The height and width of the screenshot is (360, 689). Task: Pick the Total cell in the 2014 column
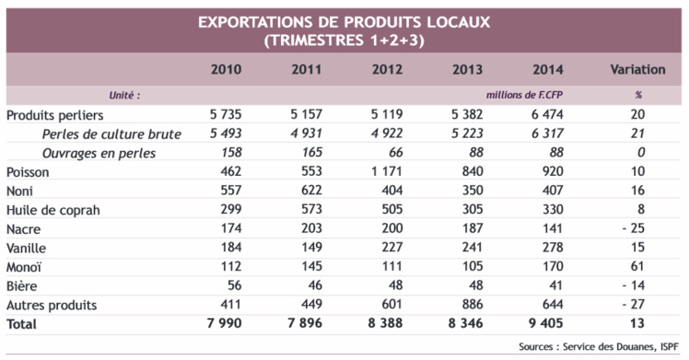547,323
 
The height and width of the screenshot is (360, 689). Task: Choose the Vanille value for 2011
306,248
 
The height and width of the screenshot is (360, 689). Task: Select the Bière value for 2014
553,285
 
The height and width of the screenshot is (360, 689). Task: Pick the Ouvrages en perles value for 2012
394,153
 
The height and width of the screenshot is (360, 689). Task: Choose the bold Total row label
23,323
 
